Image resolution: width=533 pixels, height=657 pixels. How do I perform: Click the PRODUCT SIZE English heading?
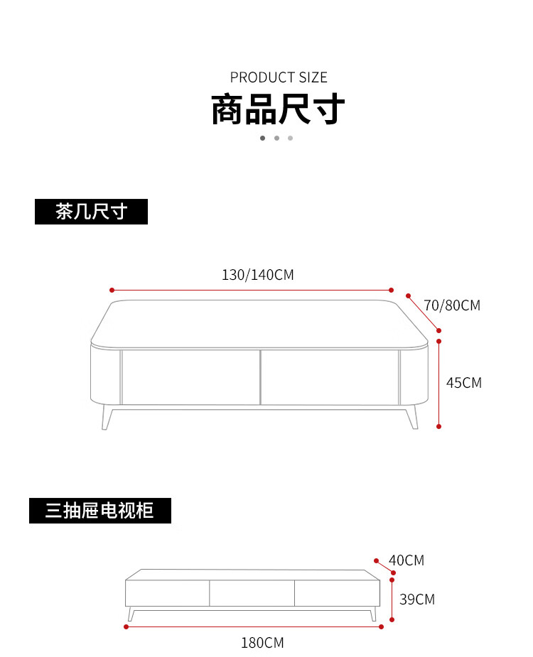(279, 77)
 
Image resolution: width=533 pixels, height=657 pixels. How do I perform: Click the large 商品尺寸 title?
(278, 110)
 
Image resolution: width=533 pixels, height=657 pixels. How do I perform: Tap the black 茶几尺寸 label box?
(91, 212)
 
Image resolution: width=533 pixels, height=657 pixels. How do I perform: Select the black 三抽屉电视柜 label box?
(99, 510)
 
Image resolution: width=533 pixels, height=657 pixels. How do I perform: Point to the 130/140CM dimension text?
(257, 275)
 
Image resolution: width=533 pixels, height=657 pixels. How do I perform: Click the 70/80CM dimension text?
(452, 305)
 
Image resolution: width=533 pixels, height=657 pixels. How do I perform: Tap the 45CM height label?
(463, 383)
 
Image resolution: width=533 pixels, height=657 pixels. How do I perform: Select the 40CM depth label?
(407, 560)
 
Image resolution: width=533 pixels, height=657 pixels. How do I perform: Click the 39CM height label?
(416, 599)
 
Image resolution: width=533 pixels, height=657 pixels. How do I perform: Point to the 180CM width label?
(262, 643)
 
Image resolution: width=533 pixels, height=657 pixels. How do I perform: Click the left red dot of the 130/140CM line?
(112, 290)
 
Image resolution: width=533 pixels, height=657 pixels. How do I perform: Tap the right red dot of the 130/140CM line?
(391, 290)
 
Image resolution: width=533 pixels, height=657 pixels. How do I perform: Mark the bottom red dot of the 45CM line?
(439, 426)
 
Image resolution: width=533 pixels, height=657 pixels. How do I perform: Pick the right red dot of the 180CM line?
(382, 627)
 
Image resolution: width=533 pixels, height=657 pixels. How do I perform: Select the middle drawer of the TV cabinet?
(252, 593)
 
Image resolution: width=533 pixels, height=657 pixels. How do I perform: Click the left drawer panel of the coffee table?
(190, 377)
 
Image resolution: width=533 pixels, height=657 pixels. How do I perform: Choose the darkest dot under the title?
(262, 138)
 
